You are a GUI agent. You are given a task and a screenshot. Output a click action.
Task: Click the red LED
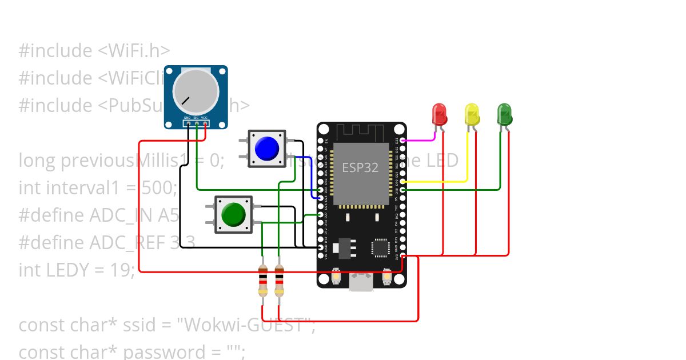click(x=440, y=114)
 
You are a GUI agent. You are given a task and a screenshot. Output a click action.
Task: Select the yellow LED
click(x=472, y=114)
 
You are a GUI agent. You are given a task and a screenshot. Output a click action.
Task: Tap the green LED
click(x=504, y=114)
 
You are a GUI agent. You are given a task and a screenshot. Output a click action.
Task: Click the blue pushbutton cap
click(x=267, y=149)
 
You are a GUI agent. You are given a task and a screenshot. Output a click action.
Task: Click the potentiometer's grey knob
click(x=196, y=91)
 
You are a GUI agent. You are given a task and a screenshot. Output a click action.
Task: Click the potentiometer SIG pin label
click(x=196, y=117)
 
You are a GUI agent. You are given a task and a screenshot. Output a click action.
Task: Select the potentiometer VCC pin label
click(x=204, y=117)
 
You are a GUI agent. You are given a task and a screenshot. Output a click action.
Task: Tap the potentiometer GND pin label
click(x=188, y=117)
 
